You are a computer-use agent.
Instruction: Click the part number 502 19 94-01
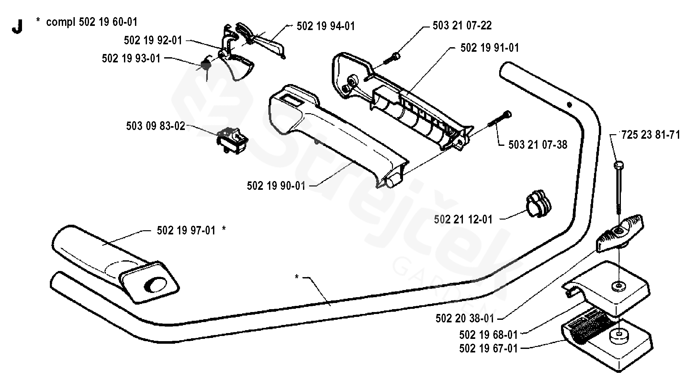coord(326,26)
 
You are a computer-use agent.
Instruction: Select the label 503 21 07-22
coord(462,25)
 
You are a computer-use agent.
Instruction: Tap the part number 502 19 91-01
coord(489,48)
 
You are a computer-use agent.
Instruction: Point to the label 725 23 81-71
coord(651,135)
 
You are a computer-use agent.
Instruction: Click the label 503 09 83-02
coord(155,126)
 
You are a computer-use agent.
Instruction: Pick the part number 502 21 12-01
coord(463,220)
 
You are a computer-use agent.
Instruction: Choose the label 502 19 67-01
coord(488,349)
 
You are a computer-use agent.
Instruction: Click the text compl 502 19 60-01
coord(92,22)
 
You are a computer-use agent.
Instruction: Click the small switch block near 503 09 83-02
coord(232,140)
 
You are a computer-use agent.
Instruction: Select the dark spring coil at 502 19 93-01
coord(206,65)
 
